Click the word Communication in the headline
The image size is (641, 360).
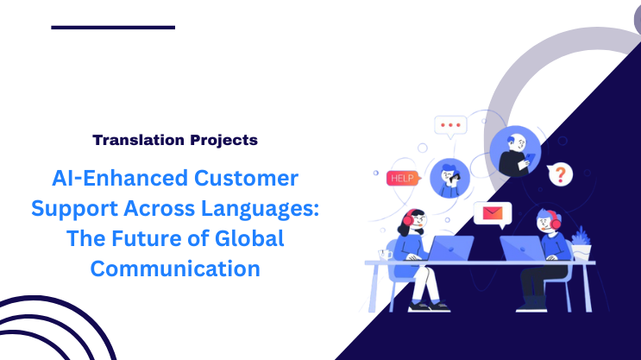176,268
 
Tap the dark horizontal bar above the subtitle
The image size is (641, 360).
113,27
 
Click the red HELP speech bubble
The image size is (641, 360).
401,178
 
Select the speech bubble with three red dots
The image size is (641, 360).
450,125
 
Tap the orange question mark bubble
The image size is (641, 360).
561,174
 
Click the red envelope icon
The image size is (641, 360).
493,212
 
